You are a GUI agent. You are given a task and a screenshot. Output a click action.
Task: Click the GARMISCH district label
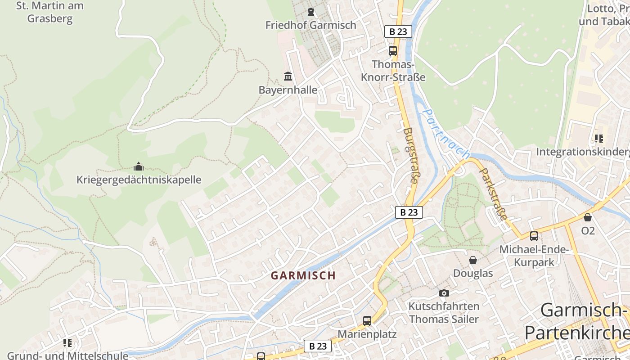coord(303,275)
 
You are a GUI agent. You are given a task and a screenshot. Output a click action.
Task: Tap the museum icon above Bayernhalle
coord(288,76)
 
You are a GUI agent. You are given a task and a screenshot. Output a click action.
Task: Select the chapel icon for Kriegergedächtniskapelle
coord(139,166)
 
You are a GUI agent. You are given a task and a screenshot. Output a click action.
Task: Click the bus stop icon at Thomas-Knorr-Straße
coord(393,50)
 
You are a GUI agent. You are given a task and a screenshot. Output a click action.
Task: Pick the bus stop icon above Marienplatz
coord(367,321)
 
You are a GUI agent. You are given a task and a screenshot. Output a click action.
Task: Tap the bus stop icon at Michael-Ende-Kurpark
coord(534,236)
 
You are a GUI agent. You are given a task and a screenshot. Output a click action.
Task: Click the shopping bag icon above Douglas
coord(473,260)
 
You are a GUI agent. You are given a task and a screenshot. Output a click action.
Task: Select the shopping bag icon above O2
coord(588,217)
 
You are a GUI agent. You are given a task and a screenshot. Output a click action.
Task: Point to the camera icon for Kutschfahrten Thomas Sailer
coord(444,293)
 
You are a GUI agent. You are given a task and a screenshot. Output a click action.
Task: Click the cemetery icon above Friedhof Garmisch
coord(310,12)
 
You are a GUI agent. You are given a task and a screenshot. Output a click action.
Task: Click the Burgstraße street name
coord(410,155)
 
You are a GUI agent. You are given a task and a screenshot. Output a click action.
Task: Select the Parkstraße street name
coord(494,194)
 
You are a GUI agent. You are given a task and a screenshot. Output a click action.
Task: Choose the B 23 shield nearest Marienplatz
coord(318,346)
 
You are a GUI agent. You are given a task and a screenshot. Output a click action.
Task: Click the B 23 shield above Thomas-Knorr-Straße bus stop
coord(398,31)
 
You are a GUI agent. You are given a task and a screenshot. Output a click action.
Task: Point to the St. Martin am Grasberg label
coord(49,13)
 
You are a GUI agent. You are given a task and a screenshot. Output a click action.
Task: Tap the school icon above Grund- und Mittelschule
coord(67,343)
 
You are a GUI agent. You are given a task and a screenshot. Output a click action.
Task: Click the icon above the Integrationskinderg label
coord(598,138)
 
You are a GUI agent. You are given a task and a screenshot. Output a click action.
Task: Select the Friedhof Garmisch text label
coord(310,25)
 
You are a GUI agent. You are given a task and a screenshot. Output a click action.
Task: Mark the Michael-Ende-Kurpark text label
coord(534,256)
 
